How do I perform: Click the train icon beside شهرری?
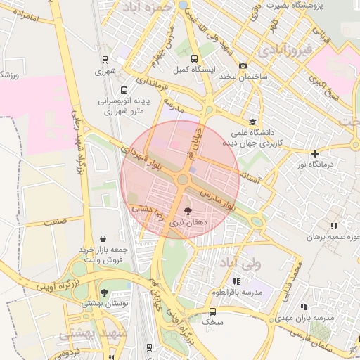tap(104, 60)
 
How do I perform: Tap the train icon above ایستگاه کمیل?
tap(194, 59)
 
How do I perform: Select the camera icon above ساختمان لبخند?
tap(243, 65)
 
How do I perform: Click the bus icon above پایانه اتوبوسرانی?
tap(124, 90)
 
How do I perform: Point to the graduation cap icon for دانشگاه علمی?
tap(252, 121)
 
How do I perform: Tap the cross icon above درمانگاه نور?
tap(315, 153)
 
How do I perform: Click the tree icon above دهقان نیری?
tap(188, 210)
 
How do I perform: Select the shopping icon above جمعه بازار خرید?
tap(104, 238)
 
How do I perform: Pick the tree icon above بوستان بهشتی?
tap(104, 292)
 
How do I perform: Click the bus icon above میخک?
tap(212, 311)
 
